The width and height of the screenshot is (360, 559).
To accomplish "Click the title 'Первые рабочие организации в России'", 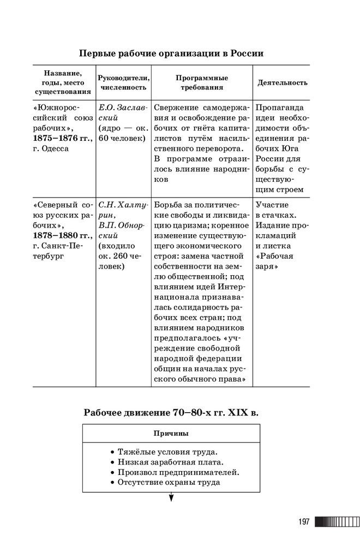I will pos(171,53).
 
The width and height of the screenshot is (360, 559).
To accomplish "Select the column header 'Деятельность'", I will pos(282,82).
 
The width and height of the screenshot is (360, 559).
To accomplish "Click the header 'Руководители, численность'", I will pos(123,82).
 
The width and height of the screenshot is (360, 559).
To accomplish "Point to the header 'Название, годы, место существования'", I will pos(63,82).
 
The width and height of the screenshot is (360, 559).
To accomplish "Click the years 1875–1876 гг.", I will pos(62,138).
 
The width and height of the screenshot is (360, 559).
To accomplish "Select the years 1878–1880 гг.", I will pos(62,234).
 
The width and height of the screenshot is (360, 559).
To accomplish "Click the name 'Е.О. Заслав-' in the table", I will pos(123,108).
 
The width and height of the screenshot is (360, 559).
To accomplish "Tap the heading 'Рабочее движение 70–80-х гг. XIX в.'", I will pos(171,413).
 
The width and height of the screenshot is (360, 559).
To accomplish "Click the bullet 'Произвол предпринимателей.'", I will pos(175,473).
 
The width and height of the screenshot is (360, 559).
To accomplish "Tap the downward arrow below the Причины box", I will pos(171,496).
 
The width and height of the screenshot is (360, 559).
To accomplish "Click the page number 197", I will pos(304,522).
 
